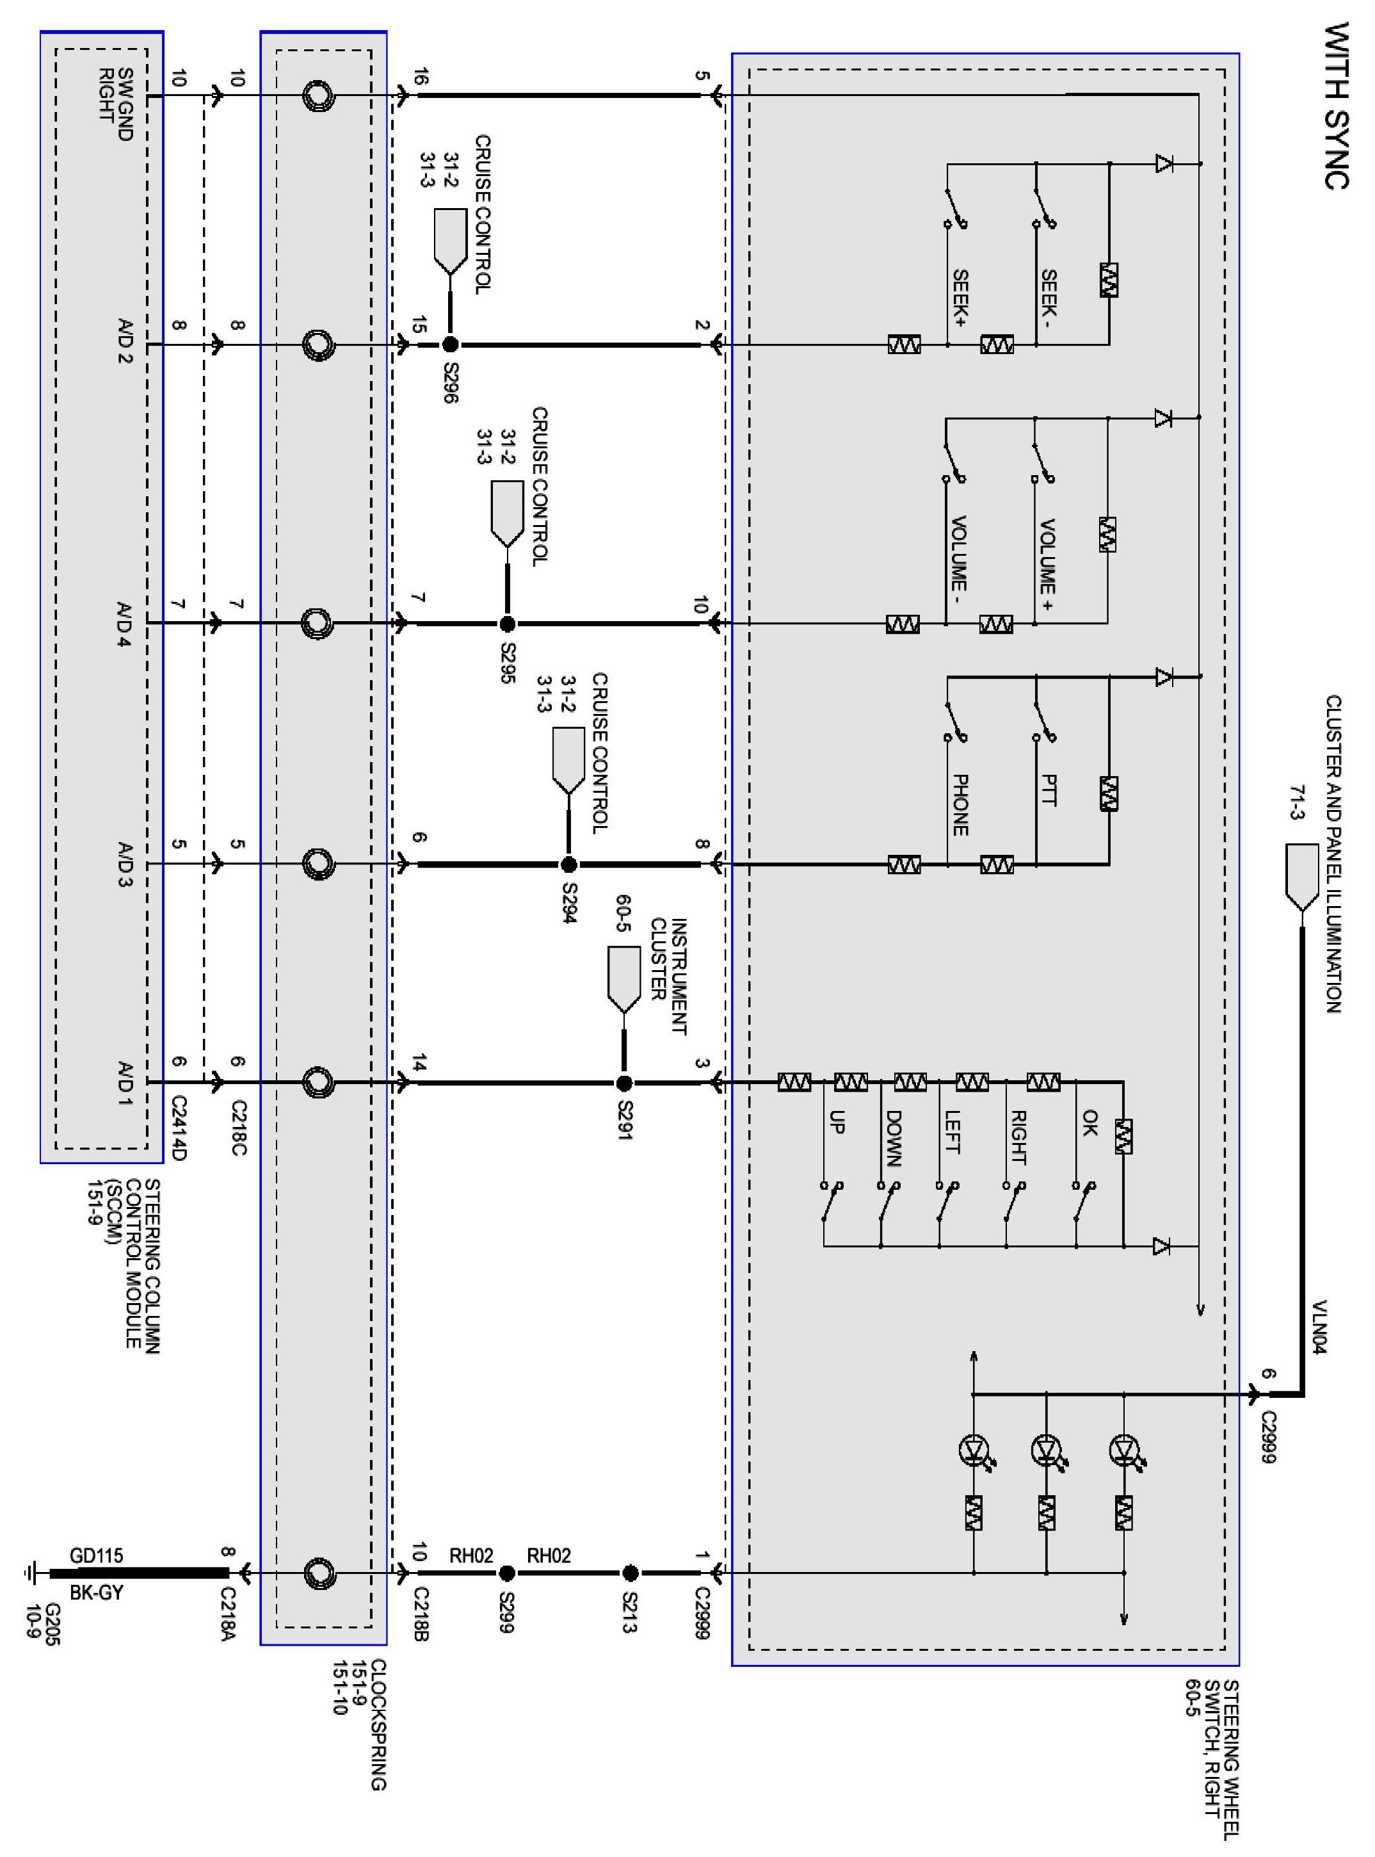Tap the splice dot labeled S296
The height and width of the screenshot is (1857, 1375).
point(450,345)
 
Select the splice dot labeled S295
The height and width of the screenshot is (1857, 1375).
point(507,624)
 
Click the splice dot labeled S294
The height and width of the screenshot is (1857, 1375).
point(568,865)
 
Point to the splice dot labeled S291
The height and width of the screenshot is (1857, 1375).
point(624,1083)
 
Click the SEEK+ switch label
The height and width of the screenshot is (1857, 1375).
point(960,297)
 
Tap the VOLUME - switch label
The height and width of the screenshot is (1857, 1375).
point(959,553)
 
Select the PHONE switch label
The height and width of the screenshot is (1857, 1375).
point(960,805)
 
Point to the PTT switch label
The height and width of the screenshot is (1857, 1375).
point(1049,790)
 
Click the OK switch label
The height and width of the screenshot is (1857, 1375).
point(1090,1123)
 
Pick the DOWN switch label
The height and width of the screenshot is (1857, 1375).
point(893,1139)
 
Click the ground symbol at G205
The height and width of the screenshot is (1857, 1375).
point(31,1573)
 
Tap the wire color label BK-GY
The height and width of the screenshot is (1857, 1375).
point(97,1593)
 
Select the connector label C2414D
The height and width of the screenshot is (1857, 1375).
point(180,1129)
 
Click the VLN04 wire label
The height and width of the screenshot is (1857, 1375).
point(1319,1326)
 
